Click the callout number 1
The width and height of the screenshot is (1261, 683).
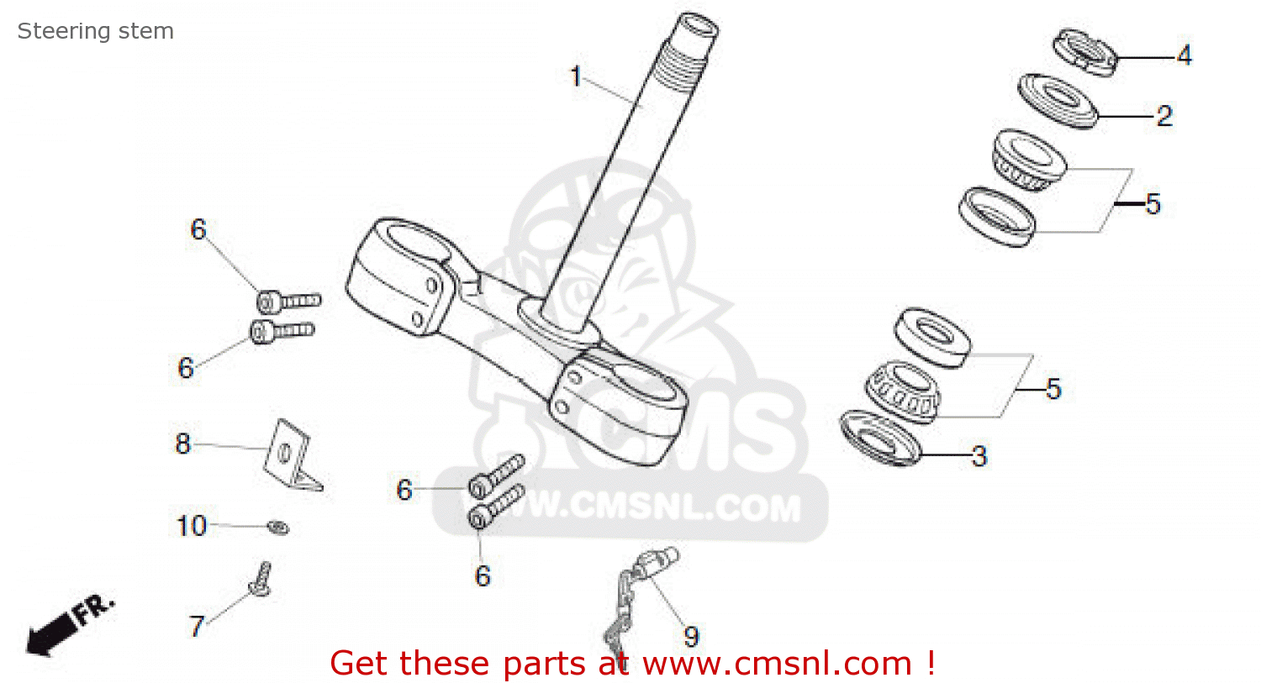(576, 76)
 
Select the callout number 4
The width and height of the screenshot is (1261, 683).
(1184, 55)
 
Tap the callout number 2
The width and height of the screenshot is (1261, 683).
(1163, 116)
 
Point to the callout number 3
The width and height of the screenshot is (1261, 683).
(979, 456)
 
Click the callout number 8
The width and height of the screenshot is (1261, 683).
(183, 444)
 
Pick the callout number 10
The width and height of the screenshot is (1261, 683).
(192, 526)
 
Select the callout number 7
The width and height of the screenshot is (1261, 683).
(197, 626)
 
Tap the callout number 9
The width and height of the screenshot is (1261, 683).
(691, 637)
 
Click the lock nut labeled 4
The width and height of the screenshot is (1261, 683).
(1085, 52)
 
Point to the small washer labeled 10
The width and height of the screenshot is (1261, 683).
(278, 528)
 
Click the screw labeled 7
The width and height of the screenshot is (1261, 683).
(261, 581)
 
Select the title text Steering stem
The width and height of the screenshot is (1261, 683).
(96, 31)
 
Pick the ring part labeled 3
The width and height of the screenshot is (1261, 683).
(880, 437)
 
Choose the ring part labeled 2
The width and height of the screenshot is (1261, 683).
(1058, 101)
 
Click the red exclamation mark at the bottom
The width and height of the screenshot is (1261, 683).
(931, 663)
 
